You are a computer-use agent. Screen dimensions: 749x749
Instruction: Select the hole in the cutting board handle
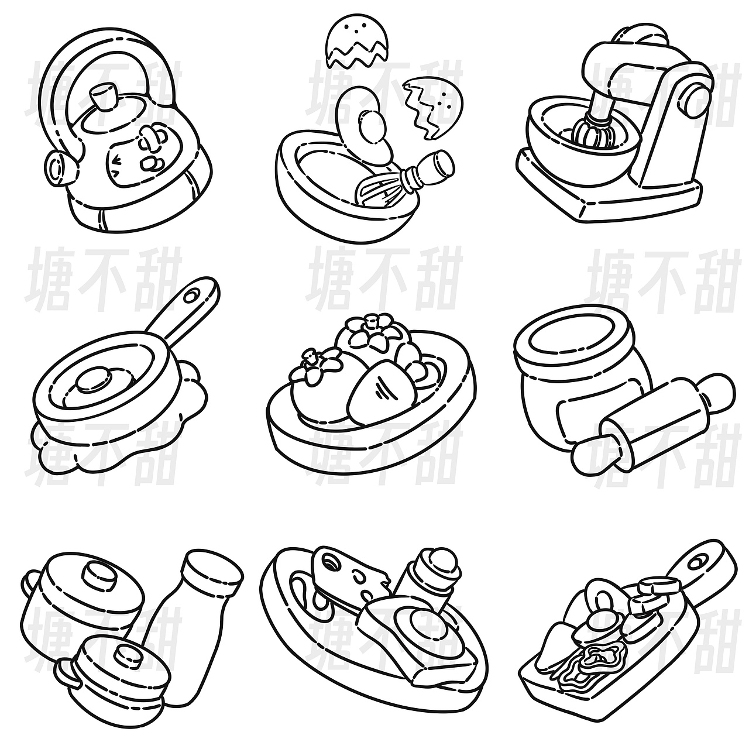[x=697, y=561]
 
